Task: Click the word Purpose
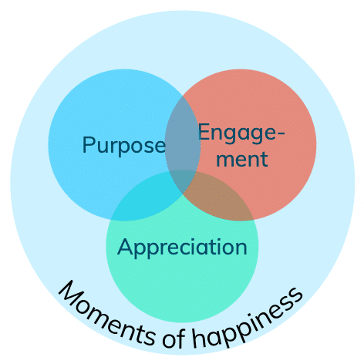click(x=124, y=146)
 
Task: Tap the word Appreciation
click(x=182, y=248)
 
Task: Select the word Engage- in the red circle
click(x=241, y=133)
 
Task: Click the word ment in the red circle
click(x=242, y=159)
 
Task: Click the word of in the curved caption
click(x=174, y=338)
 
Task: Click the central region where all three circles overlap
click(x=182, y=180)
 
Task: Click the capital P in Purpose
click(x=87, y=144)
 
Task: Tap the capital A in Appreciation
click(x=125, y=246)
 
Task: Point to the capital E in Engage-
click(x=203, y=132)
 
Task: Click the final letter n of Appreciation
click(x=241, y=248)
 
